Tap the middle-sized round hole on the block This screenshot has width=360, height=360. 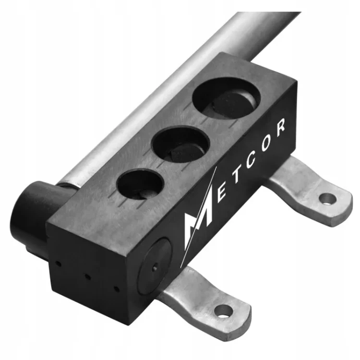click(x=181, y=144)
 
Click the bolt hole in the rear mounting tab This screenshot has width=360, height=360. click(x=328, y=197)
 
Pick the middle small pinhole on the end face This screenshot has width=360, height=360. click(x=88, y=276)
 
